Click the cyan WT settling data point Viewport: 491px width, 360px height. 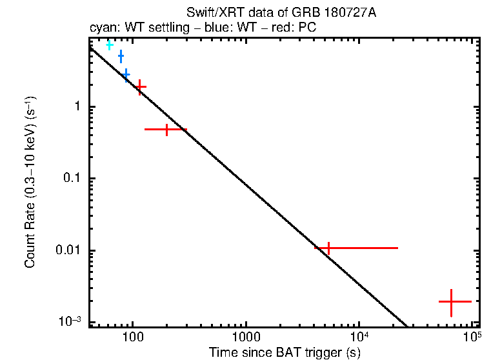pyautogui.click(x=109, y=45)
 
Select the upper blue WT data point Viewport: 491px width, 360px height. pyautogui.click(x=121, y=57)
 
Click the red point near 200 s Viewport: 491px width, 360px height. pyautogui.click(x=167, y=130)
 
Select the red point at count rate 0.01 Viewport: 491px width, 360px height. pyautogui.click(x=328, y=248)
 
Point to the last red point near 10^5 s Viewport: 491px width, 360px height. pyautogui.click(x=451, y=301)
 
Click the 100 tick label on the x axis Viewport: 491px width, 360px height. pyautogui.click(x=132, y=337)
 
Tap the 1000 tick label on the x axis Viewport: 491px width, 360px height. pyautogui.click(x=245, y=337)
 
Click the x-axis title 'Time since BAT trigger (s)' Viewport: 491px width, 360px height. pyautogui.click(x=285, y=352)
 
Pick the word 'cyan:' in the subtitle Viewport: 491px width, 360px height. pyautogui.click(x=103, y=29)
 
